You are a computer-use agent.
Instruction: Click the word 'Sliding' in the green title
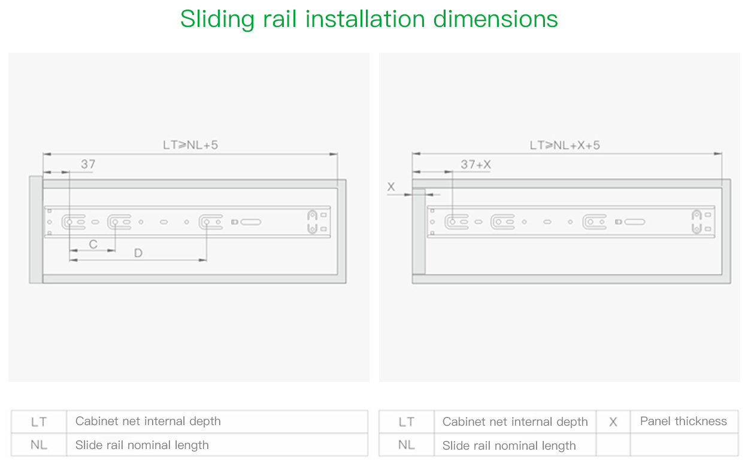217,19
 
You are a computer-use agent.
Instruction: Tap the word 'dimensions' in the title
495,19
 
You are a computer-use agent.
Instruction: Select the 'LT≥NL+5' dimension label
190,145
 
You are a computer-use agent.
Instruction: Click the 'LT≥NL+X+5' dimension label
565,145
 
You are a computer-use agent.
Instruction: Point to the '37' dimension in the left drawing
88,164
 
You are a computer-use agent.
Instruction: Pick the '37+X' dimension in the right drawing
476,165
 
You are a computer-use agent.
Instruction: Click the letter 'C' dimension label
93,244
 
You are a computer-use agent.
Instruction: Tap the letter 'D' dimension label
138,253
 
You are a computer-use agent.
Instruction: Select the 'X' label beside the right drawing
391,187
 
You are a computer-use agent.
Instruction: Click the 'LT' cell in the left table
39,422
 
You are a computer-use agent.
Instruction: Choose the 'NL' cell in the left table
39,445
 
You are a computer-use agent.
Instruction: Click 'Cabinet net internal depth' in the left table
148,422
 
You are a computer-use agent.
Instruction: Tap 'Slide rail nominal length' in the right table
509,446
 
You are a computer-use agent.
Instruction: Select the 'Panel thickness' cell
683,422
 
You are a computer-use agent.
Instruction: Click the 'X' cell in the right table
613,422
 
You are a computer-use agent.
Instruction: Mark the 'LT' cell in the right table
407,422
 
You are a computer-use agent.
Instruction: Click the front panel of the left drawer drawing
36,230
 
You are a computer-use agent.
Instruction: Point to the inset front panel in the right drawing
419,231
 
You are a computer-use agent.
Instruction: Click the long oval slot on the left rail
251,222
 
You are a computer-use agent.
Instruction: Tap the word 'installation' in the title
365,19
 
